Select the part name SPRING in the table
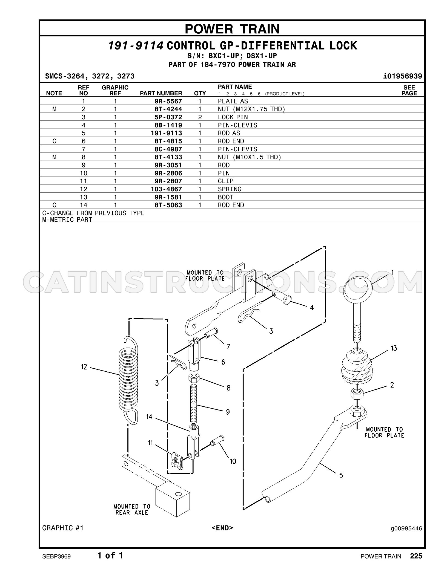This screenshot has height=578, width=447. pyautogui.click(x=230, y=189)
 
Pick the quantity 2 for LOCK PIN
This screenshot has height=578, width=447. pyautogui.click(x=200, y=117)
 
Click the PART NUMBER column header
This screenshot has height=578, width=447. pyautogui.click(x=161, y=93)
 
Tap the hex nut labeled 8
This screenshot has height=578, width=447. pyautogui.click(x=194, y=379)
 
